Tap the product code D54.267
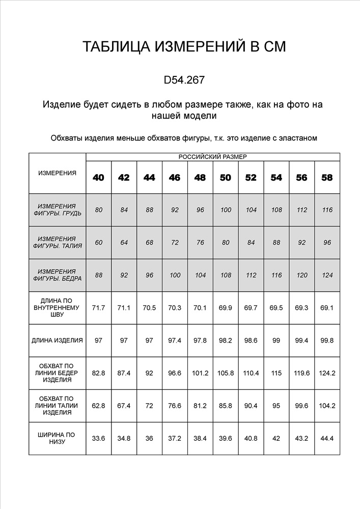point(184,80)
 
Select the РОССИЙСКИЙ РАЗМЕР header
point(212,157)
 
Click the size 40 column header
point(98,178)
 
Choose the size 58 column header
point(327,178)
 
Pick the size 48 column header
point(200,178)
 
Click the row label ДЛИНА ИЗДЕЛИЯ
point(57,340)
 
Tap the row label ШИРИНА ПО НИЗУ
point(57,438)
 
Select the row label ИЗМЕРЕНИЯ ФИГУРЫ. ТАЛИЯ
point(57,242)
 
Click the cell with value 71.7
point(98,307)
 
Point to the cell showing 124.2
point(327,373)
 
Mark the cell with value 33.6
point(98,438)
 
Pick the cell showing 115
point(276,373)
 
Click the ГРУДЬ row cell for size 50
point(226,210)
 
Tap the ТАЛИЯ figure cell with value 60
point(98,242)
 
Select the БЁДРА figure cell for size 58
point(327,275)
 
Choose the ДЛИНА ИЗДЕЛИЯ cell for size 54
point(276,340)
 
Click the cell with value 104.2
point(327,406)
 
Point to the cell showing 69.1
point(327,307)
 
